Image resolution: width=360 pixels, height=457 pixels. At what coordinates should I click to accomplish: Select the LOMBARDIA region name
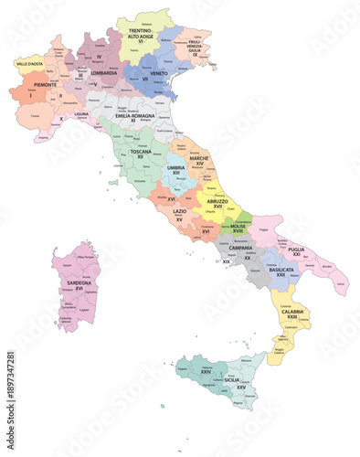(102, 72)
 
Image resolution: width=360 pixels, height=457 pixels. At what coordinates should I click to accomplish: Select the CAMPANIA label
(240, 248)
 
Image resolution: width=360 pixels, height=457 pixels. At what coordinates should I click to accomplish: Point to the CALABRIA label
(292, 312)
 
